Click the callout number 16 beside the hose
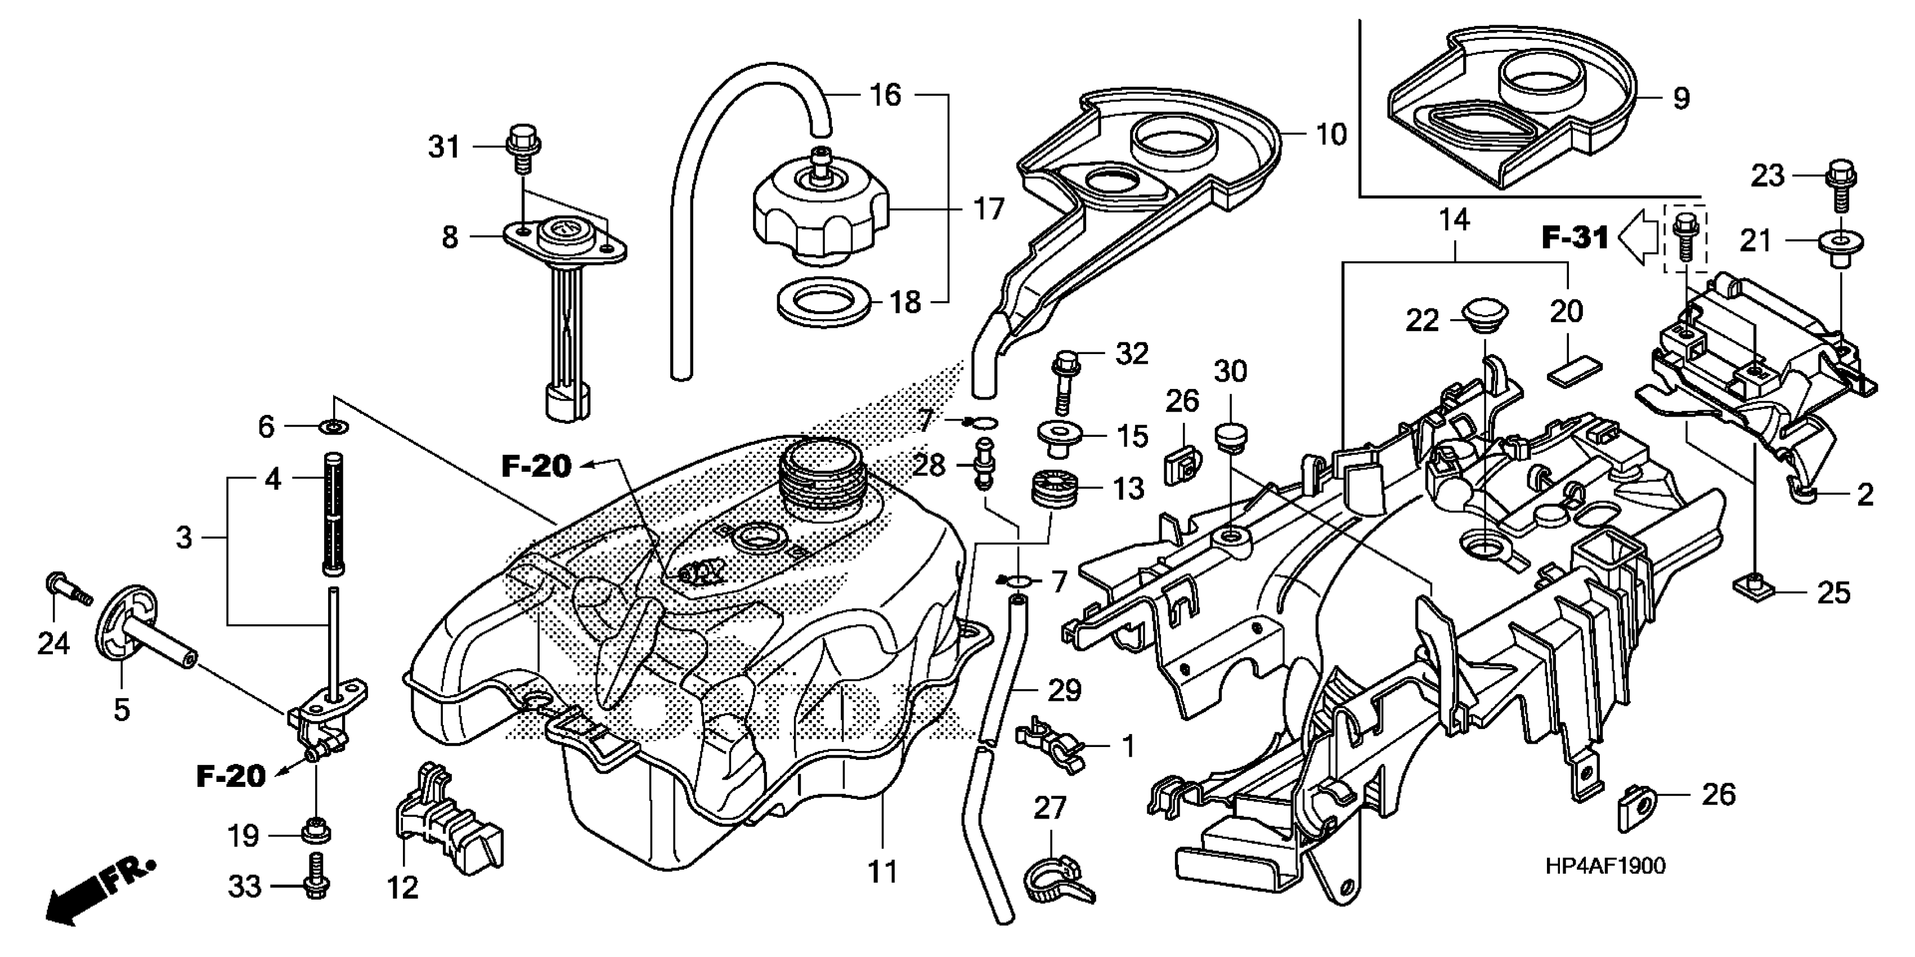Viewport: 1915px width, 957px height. click(885, 95)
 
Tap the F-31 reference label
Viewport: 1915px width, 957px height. click(1575, 238)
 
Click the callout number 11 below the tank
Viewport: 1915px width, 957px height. click(883, 871)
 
